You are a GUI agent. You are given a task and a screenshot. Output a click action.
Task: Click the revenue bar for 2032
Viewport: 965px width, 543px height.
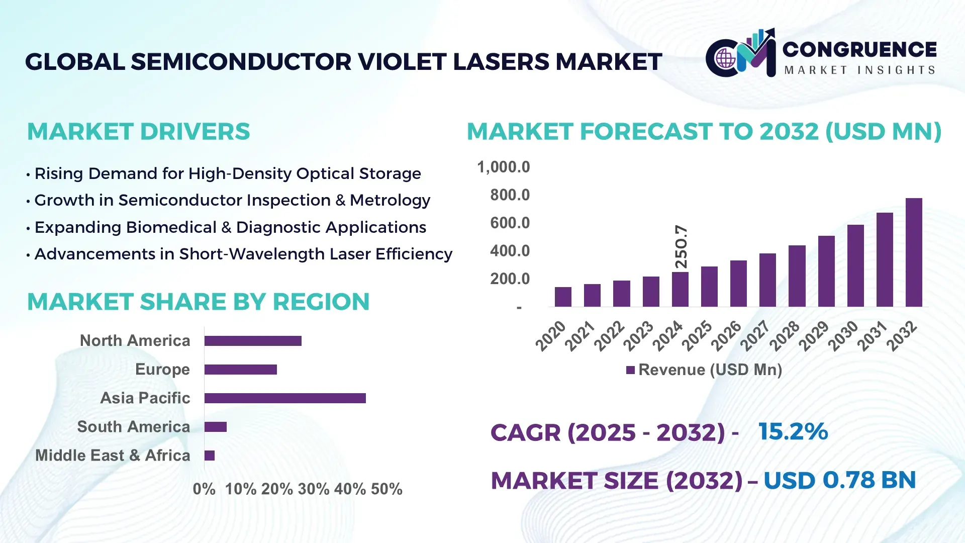point(914,252)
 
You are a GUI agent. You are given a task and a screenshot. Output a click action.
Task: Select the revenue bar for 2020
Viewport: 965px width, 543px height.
point(563,297)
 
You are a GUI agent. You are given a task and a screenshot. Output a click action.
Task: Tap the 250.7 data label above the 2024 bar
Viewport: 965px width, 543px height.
point(681,246)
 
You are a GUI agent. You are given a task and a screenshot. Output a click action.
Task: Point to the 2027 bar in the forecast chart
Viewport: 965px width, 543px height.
point(767,280)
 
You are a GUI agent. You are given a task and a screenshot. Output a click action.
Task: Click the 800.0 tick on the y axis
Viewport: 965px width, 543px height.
point(510,195)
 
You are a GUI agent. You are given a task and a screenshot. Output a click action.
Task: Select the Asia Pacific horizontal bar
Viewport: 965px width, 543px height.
point(285,398)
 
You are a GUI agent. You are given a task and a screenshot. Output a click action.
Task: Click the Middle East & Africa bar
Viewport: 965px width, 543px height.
point(210,456)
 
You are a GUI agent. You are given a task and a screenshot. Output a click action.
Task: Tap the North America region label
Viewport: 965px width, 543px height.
point(135,340)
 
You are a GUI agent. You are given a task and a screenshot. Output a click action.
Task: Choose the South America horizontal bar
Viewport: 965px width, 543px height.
point(216,427)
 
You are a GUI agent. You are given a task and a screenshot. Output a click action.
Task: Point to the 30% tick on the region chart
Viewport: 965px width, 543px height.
point(314,489)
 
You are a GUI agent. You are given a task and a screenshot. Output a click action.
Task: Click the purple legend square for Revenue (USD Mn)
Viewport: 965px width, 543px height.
point(630,370)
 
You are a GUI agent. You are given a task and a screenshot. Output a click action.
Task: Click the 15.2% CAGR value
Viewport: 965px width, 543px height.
point(793,431)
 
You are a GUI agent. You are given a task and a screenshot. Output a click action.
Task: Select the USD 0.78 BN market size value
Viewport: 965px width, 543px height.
point(839,480)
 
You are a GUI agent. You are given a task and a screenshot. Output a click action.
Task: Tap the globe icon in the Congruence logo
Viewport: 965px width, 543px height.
point(725,58)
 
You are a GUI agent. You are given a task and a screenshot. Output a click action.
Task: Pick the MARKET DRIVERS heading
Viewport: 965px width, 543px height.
point(138,132)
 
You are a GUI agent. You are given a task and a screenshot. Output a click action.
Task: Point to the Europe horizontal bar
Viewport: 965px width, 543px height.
point(241,370)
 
